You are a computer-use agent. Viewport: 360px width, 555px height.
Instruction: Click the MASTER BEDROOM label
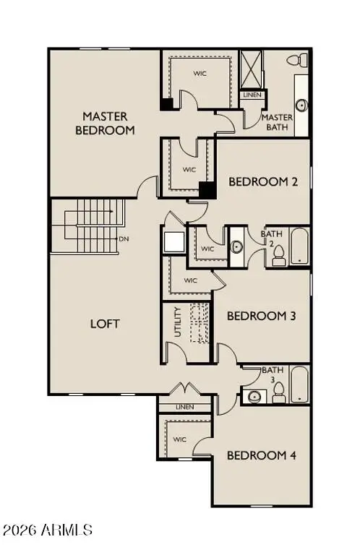pos(105,124)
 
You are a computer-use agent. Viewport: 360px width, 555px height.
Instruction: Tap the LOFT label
pos(105,324)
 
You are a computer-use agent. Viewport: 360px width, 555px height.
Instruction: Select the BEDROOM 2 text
pos(263,182)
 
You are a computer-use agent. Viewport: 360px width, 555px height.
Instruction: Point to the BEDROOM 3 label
pos(261,316)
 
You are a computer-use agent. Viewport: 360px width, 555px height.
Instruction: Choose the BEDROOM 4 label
pos(261,455)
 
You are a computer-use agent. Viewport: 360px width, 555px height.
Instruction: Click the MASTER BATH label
pos(277,123)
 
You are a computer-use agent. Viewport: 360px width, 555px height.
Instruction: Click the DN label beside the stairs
pos(124,238)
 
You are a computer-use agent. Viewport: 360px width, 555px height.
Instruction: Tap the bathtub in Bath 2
pos(299,247)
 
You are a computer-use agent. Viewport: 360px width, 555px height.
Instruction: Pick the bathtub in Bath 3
pos(299,384)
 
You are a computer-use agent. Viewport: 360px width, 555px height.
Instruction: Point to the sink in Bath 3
pos(253,395)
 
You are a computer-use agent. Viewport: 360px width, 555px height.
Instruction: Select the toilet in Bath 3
pos(278,392)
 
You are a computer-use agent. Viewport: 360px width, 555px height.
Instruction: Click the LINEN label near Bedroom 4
pos(185,408)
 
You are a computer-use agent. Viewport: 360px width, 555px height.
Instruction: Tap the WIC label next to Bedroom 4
pos(180,439)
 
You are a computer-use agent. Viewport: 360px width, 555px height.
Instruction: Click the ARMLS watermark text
pos(48,530)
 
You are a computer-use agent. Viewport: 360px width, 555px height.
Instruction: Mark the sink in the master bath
pos(301,106)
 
